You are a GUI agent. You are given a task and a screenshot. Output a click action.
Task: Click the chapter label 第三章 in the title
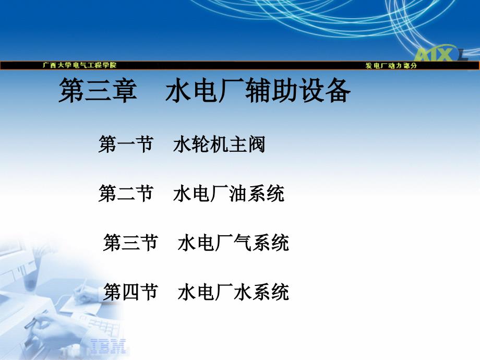98,90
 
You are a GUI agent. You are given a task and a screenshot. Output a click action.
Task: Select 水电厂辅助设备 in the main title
258,90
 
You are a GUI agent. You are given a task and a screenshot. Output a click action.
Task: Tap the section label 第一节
126,144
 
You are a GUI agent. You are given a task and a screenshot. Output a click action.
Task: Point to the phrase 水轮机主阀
219,144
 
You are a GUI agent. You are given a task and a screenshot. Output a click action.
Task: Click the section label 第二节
126,193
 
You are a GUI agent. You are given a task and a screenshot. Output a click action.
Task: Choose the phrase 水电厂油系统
229,193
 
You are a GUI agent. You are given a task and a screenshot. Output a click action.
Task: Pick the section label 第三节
130,243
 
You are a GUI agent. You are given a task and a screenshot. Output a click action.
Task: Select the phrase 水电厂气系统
233,243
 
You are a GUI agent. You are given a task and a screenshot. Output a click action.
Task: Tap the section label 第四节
130,292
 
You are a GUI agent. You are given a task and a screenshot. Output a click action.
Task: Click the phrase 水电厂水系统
233,292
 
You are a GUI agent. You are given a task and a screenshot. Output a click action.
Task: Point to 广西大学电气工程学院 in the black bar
80,65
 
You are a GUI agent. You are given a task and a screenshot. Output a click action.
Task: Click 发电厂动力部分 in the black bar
391,65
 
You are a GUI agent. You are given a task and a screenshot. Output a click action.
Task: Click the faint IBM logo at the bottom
108,346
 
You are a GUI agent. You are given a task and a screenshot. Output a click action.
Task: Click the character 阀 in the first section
257,144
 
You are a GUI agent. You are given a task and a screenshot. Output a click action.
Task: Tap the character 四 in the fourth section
130,292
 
